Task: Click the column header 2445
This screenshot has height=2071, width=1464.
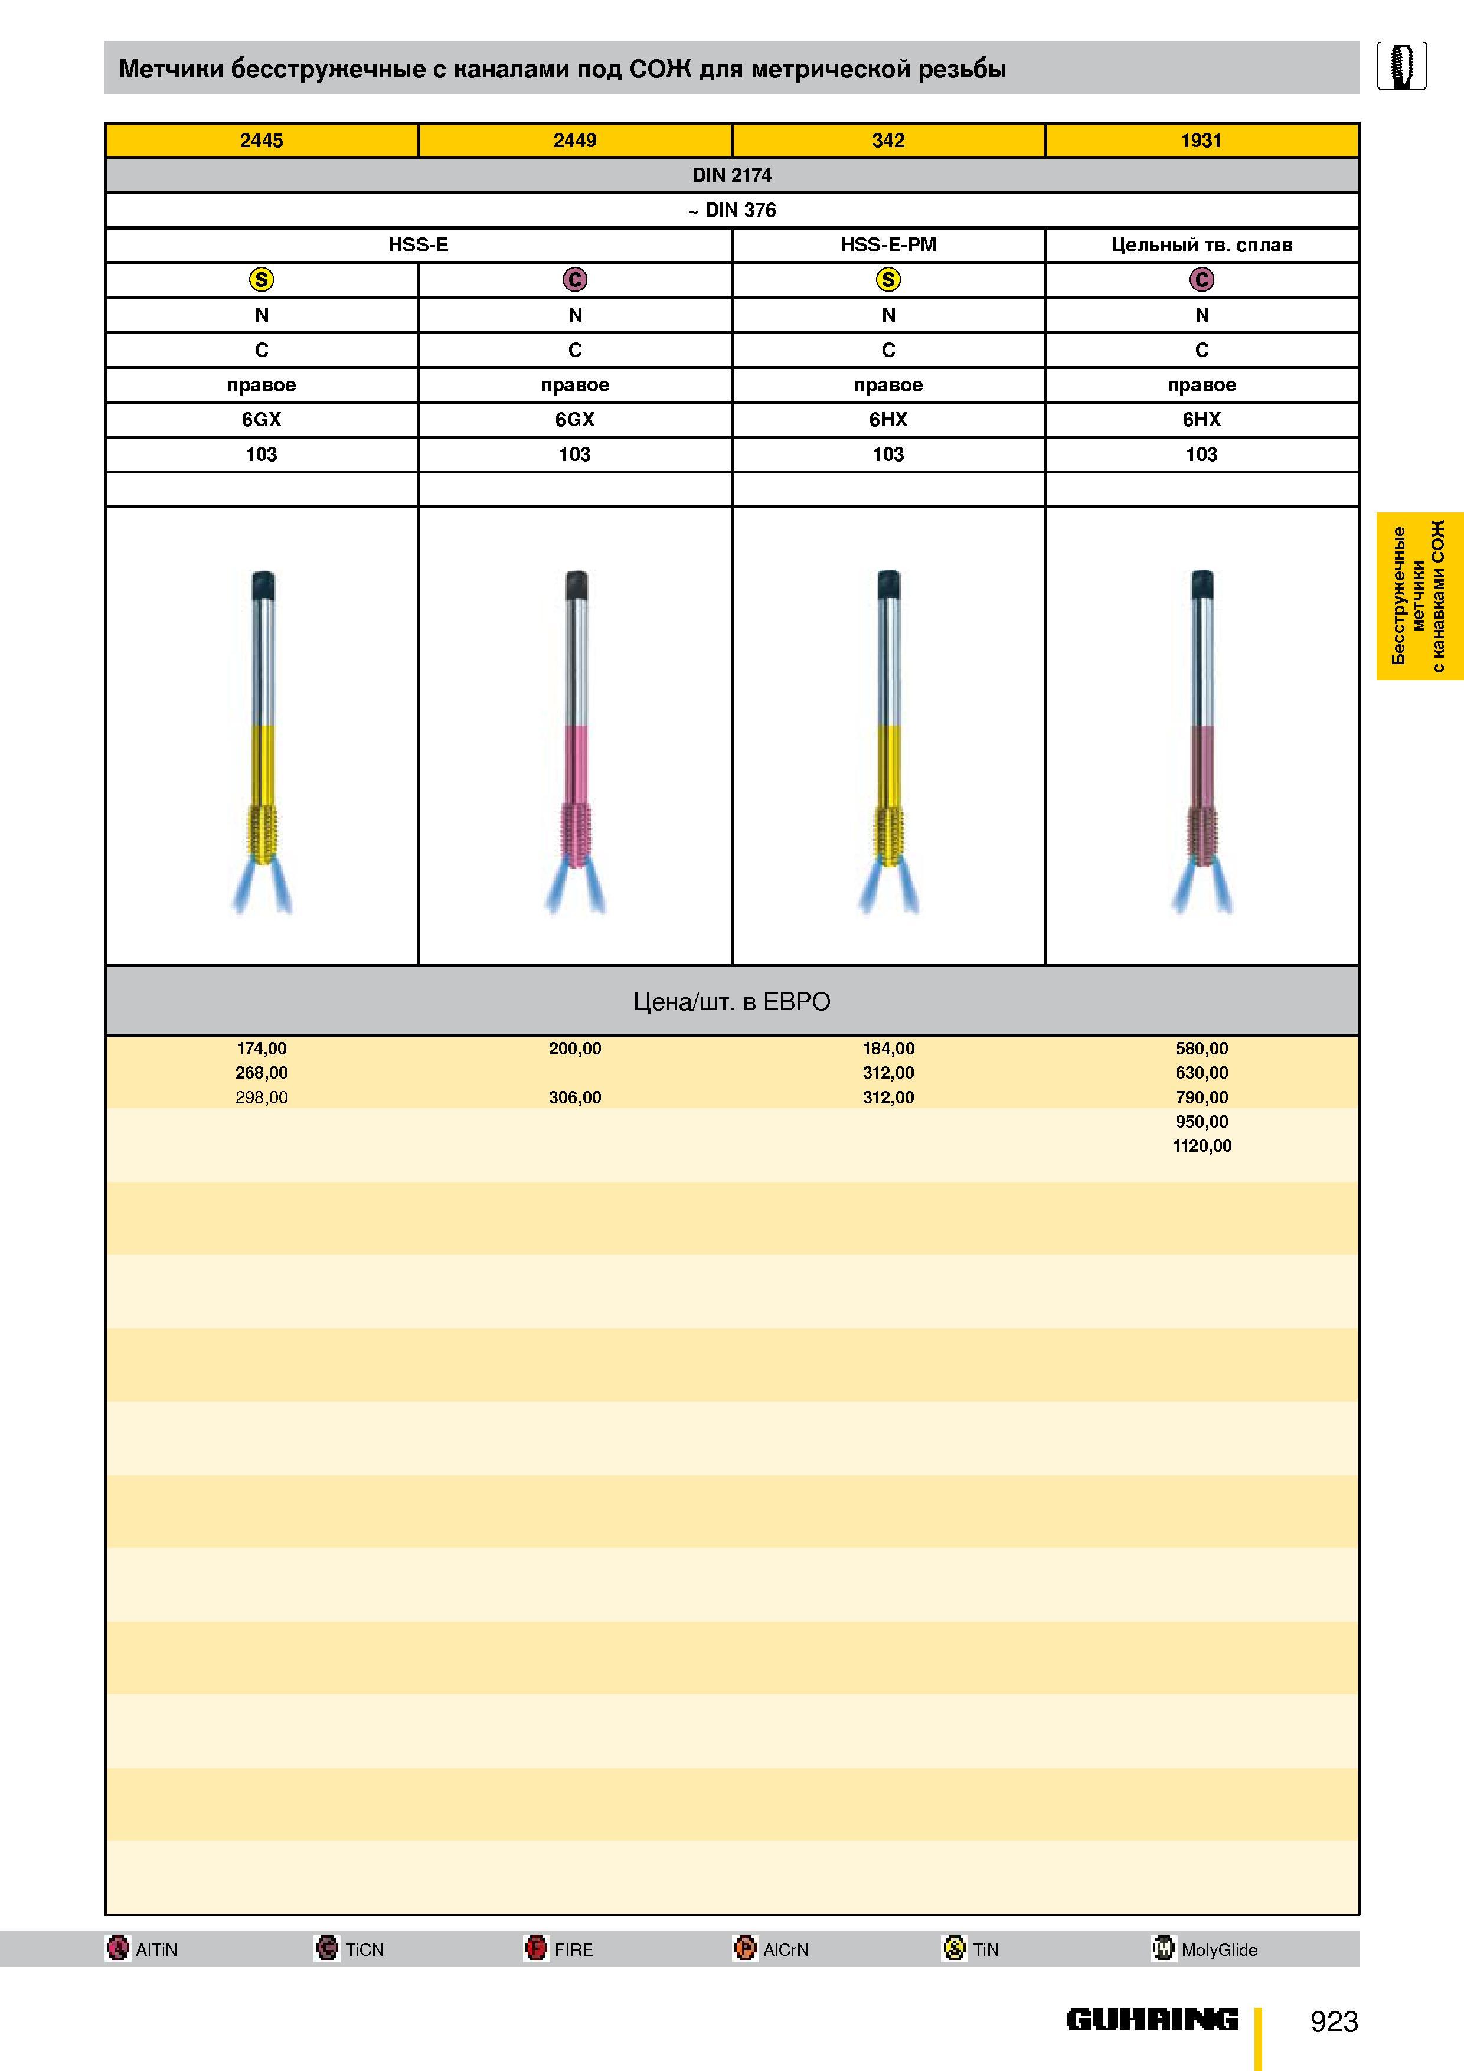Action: [262, 141]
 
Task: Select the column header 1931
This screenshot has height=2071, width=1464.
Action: [1201, 141]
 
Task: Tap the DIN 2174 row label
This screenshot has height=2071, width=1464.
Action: [731, 175]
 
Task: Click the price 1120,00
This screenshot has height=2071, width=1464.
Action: [1201, 1145]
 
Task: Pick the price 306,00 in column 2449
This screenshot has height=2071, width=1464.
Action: [574, 1097]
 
